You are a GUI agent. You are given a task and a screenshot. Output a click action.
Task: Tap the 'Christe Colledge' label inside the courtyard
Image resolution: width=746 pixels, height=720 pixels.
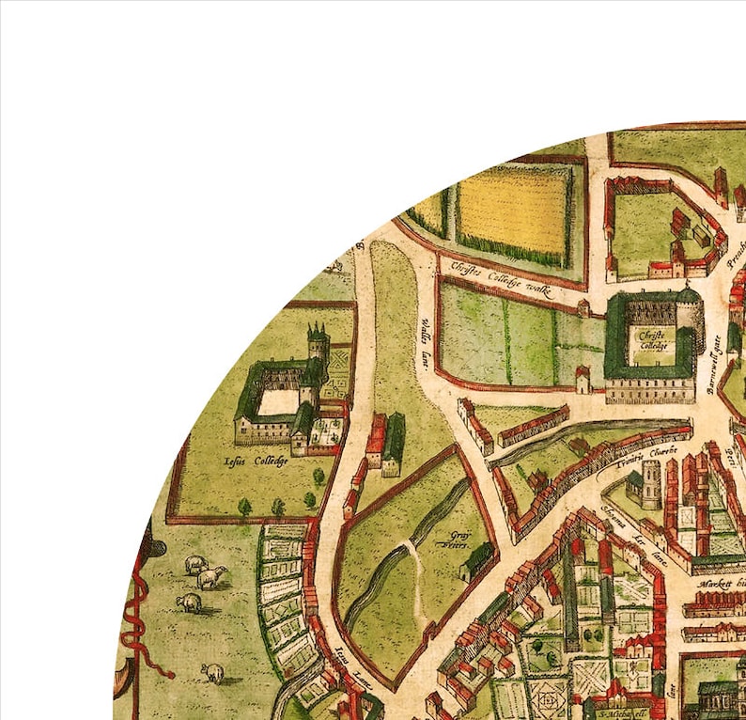[x=652, y=338]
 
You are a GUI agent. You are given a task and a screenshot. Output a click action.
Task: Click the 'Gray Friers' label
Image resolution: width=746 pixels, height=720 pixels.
[x=458, y=541]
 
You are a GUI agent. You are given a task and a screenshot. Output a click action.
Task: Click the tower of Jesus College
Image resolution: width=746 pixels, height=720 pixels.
[x=318, y=347]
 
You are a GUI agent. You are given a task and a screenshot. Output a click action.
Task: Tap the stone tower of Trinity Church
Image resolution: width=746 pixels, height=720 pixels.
[x=650, y=483]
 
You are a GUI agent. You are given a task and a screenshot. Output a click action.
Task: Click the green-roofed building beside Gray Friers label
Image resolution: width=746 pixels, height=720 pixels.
[x=477, y=560]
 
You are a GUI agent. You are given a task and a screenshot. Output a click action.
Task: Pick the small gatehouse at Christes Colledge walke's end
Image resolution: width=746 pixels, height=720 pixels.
[x=583, y=307]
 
